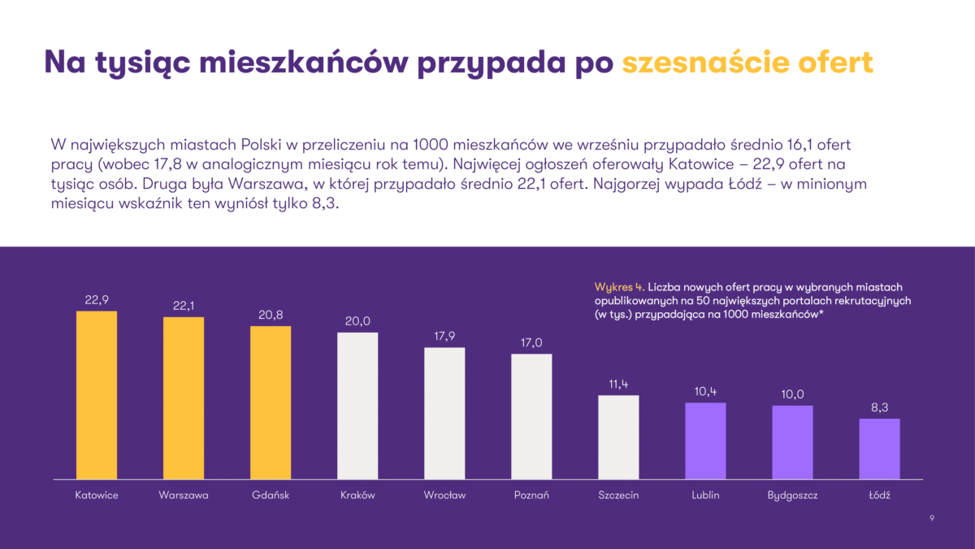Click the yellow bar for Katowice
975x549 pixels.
[97, 394]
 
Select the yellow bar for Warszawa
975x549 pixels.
[184, 398]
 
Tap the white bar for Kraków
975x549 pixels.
[357, 405]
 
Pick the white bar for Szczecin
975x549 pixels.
[618, 437]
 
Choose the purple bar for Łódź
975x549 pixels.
[879, 448]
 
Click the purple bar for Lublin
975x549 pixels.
[705, 440]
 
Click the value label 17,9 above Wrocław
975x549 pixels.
[444, 336]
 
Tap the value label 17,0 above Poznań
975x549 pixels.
[531, 342]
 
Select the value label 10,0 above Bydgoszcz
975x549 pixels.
[792, 394]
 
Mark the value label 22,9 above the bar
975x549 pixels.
[97, 300]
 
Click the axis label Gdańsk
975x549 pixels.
[271, 495]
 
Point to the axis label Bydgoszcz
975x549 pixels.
[792, 495]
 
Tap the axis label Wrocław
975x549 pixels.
[444, 495]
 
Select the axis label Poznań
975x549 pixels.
[531, 495]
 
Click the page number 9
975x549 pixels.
[931, 517]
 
